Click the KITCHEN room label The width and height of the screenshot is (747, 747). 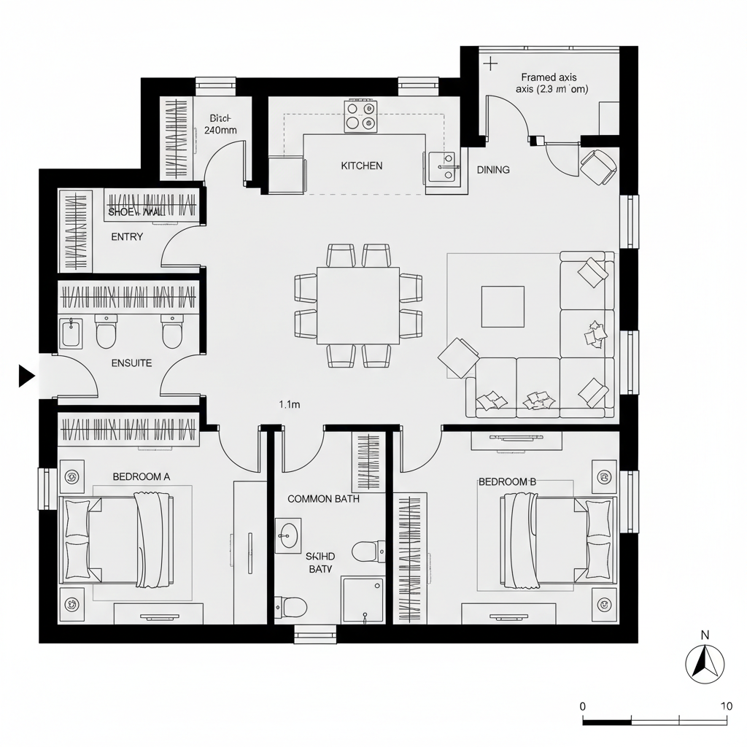tap(361, 166)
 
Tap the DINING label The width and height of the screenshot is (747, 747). tap(493, 169)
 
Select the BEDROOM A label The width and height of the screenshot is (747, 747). tap(142, 476)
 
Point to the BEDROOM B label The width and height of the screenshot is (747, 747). tap(507, 481)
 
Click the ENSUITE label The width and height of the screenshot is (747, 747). tap(131, 363)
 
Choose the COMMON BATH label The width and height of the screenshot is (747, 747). tap(323, 499)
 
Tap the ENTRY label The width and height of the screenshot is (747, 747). tap(127, 237)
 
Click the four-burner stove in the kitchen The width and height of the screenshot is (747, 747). tap(361, 116)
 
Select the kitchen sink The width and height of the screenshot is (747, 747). tap(441, 169)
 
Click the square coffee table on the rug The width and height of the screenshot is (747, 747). tap(502, 306)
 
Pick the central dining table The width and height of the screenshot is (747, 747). tap(358, 305)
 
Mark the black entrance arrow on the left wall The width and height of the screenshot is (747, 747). tap(26, 376)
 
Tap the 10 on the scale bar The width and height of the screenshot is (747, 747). tap(725, 706)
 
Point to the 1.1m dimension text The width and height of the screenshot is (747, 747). tap(290, 404)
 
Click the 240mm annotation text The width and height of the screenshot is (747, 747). tap(220, 131)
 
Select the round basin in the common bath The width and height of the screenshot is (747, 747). tap(288, 535)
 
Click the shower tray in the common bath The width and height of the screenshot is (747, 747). tap(363, 600)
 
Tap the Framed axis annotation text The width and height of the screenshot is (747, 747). tap(549, 77)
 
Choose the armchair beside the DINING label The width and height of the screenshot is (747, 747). tap(600, 166)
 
